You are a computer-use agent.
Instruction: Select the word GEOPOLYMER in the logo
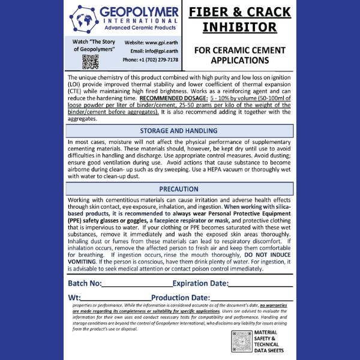point(140,12)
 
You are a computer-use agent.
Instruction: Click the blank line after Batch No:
point(137,284)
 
